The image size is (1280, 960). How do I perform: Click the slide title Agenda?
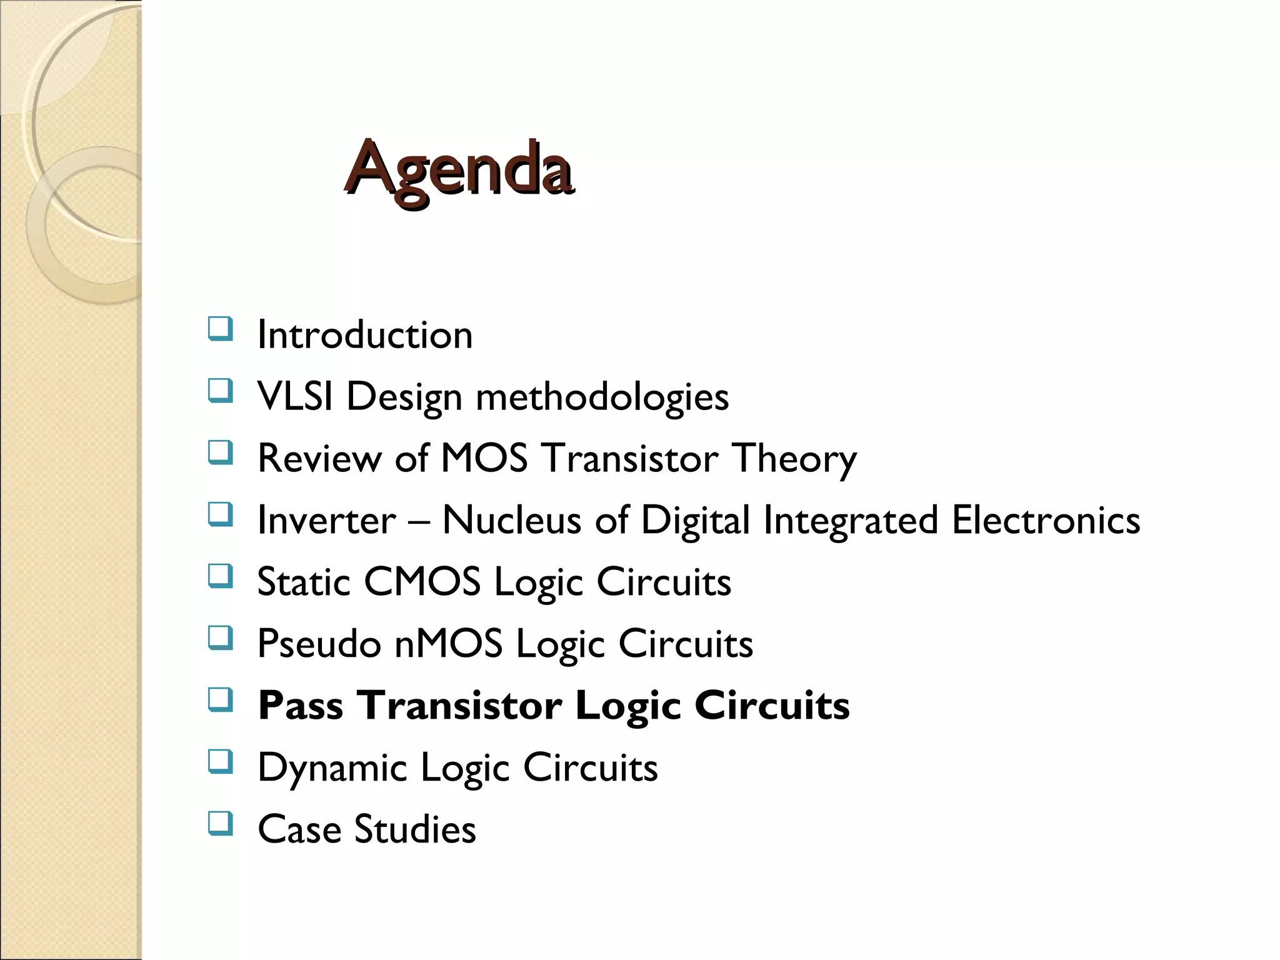(x=458, y=169)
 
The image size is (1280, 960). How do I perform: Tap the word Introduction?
(x=365, y=335)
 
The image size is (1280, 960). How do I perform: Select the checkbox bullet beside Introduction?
(x=220, y=329)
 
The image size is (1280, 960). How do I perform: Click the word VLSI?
(x=294, y=396)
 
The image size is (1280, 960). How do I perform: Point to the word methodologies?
(x=602, y=397)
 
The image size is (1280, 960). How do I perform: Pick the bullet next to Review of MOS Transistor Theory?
(x=220, y=452)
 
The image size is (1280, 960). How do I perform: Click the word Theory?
(x=794, y=459)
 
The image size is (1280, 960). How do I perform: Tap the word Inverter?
(x=326, y=520)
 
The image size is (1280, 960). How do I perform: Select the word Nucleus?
(x=511, y=520)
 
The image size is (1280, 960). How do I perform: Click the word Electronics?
(x=1046, y=520)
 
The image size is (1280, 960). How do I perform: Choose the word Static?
(x=304, y=582)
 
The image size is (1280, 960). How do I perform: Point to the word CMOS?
(x=422, y=582)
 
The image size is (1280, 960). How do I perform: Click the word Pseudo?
(x=319, y=644)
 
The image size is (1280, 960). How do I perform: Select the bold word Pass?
(x=301, y=706)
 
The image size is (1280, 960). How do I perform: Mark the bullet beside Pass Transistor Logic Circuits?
(x=220, y=700)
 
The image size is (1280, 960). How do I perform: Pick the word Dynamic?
(x=332, y=768)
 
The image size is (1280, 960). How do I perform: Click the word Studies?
(x=415, y=829)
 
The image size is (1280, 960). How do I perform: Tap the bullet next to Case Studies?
(x=220, y=824)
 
